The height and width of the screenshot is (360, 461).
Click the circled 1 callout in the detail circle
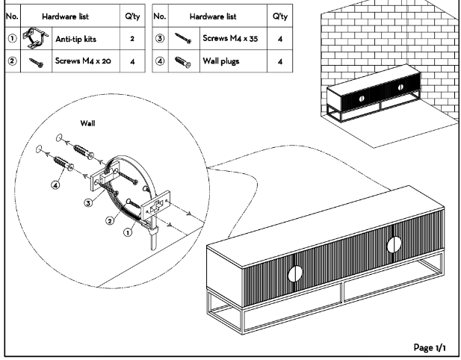point(127,232)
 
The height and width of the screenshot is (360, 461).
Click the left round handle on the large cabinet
point(294,274)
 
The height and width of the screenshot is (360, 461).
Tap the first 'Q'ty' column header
point(131,14)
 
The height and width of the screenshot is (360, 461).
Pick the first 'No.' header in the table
point(12,14)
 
